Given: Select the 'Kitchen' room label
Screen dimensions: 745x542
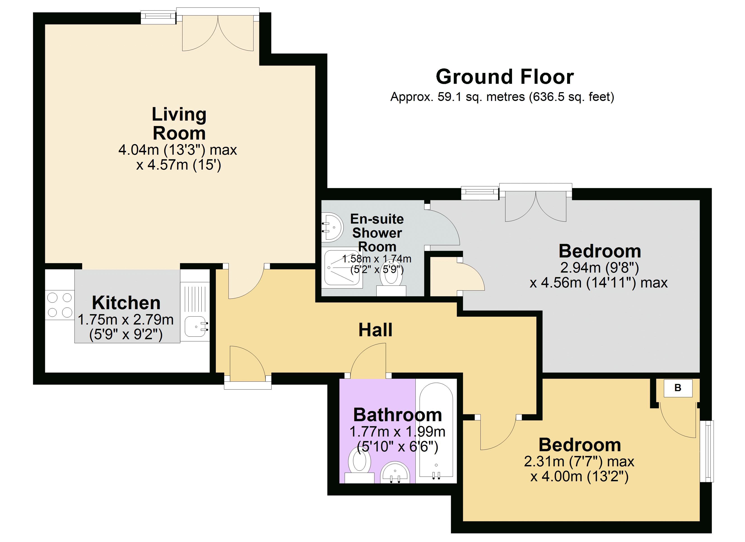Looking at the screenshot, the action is (126, 303).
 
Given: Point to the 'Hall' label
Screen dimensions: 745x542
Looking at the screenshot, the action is (375, 330).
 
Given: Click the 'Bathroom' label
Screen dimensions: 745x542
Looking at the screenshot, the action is (398, 415).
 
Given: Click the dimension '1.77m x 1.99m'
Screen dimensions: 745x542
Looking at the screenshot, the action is (398, 432).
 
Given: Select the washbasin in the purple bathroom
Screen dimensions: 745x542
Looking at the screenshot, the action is (395, 473).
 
